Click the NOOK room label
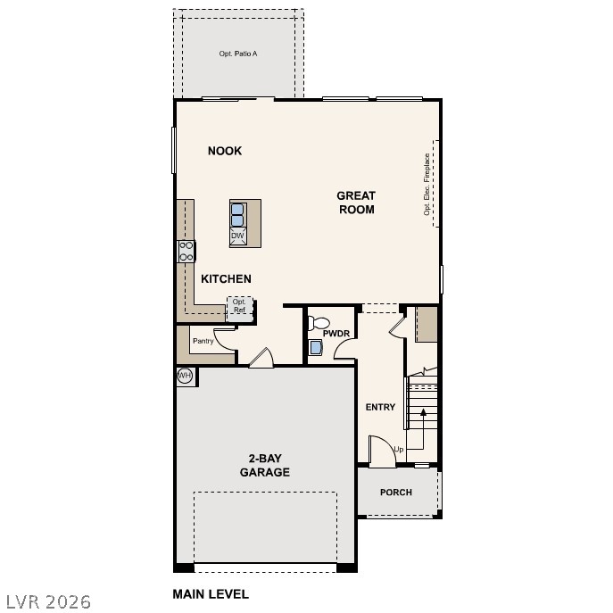point(225,151)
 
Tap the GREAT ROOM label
point(356,203)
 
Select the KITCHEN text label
point(226,279)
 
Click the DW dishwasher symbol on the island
point(237,236)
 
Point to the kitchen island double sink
point(237,215)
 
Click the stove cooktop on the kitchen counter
point(186,251)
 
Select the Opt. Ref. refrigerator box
point(239,306)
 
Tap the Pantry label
point(203,341)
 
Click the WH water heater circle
point(185,376)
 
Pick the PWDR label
point(335,333)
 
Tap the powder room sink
point(316,347)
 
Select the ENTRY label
point(380,407)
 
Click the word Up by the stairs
point(398,449)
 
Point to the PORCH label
point(396,493)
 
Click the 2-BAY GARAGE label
point(265,466)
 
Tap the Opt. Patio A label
point(238,54)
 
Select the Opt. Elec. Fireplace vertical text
point(427,185)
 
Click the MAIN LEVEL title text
point(211,593)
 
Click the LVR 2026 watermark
point(46,602)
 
